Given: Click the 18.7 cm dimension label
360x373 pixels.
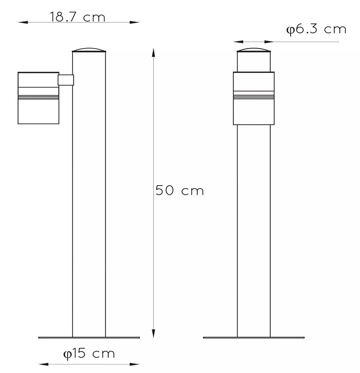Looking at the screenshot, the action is pos(77,17).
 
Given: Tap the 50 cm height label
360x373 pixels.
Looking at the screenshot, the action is pos(180,190).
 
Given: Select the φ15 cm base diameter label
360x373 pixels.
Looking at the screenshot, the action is pos(89,354).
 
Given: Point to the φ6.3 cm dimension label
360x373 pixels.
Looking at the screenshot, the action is pos(316,29).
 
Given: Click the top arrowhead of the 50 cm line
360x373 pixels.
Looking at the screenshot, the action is pos(154,53).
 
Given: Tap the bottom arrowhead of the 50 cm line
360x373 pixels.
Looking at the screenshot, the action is pos(154,333).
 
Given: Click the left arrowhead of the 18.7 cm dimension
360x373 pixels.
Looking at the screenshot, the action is pos(23,22).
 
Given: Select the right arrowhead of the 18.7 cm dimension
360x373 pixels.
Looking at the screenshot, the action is pos(134,22).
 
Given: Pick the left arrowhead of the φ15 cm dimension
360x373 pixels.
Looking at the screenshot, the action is pos(44,364).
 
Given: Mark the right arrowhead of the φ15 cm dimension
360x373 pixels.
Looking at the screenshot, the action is pos(135,364).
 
